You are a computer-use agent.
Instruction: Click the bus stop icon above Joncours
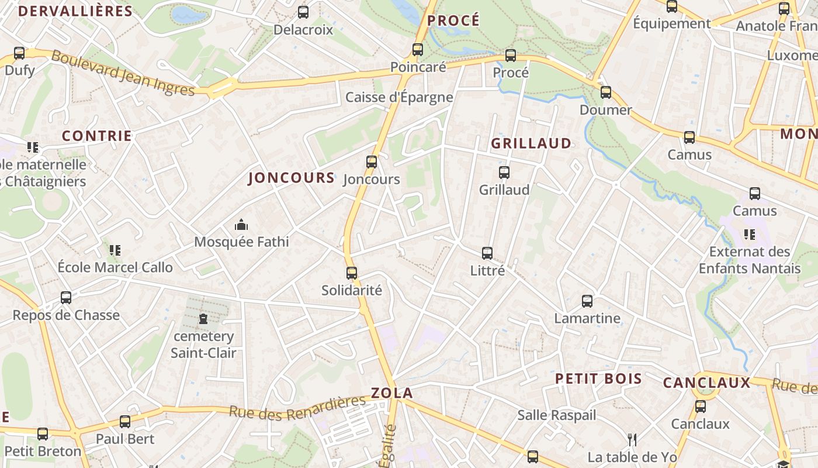(372, 162)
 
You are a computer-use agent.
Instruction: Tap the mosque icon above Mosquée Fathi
(241, 225)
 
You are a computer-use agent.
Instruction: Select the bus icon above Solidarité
(351, 273)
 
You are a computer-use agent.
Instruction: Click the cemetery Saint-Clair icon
(203, 319)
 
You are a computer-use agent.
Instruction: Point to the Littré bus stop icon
(487, 253)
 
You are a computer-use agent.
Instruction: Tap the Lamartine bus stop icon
(587, 301)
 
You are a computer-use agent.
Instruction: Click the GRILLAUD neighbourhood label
(531, 143)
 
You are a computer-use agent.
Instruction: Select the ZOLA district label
(391, 393)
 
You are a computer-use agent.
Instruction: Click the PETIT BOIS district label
(598, 378)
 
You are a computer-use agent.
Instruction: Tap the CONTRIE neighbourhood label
(97, 136)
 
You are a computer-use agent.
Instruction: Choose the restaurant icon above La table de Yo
(632, 439)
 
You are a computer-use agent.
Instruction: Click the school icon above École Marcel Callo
(115, 250)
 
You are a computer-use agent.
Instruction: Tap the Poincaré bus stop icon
(418, 50)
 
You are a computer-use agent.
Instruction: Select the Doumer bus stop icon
(606, 92)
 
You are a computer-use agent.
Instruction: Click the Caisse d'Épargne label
(399, 97)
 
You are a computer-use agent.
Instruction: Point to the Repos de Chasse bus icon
(66, 298)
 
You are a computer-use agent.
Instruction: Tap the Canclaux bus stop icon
(700, 407)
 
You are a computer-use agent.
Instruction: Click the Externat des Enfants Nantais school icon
(750, 235)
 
